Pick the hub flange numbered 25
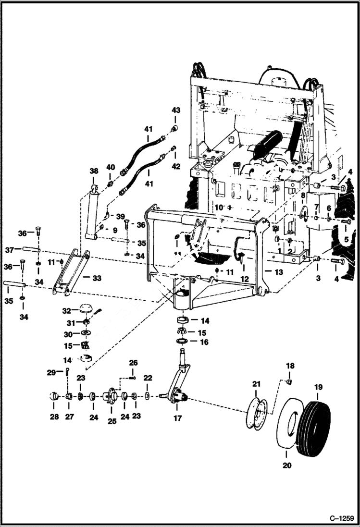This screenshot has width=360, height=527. [x=111, y=396]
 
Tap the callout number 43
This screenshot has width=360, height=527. [x=175, y=110]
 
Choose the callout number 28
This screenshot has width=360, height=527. [x=54, y=417]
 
